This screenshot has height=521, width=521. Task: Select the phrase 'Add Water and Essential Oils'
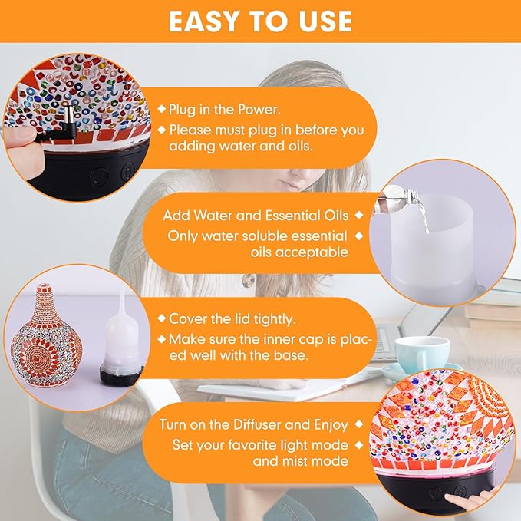tap(256, 215)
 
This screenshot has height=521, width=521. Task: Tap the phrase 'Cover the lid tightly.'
tap(233, 318)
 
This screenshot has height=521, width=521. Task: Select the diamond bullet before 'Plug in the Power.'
tap(161, 110)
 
